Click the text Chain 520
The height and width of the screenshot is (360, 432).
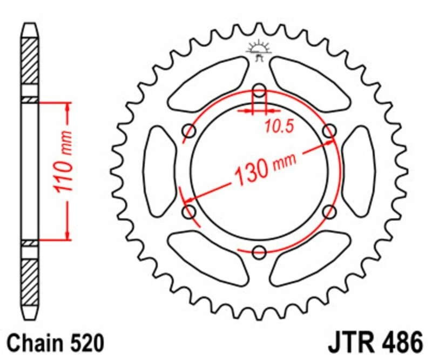tap(57, 343)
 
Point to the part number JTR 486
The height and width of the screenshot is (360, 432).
tap(374, 343)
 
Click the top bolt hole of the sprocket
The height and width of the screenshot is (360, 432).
tap(260, 90)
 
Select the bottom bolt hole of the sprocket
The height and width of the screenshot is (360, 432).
tap(260, 251)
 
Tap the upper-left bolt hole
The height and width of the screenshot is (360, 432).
tap(190, 130)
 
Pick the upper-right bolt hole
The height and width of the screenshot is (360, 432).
tap(329, 130)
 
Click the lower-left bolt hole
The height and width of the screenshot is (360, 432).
tap(190, 211)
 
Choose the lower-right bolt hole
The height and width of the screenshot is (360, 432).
tap(329, 211)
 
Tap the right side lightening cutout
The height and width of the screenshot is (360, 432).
tap(359, 170)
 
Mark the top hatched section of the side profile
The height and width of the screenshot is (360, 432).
tap(30, 59)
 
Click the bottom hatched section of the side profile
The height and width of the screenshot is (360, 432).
tap(30, 284)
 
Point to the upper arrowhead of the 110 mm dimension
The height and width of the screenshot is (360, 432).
tap(67, 106)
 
